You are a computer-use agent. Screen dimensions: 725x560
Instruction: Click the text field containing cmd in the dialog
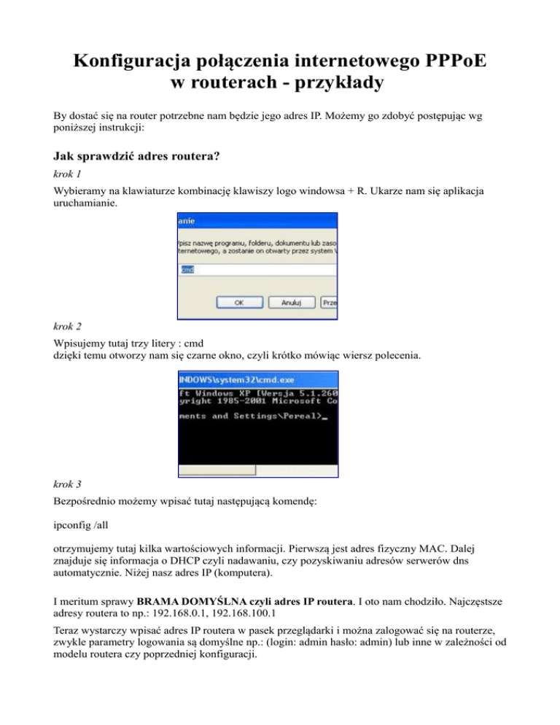point(255,269)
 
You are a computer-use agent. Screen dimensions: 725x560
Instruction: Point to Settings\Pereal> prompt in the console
point(277,416)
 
